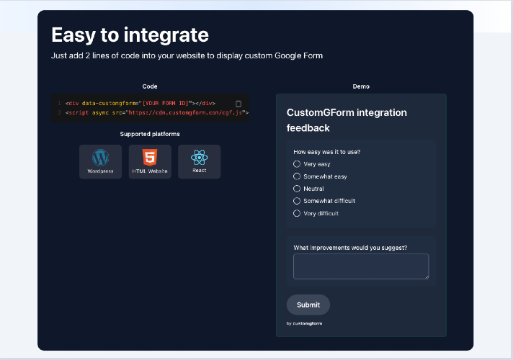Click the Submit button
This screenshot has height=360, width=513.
[x=308, y=305]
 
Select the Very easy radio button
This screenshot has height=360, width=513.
[x=297, y=164]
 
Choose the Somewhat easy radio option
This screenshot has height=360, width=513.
[x=297, y=176]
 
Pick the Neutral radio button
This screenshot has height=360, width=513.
[x=297, y=189]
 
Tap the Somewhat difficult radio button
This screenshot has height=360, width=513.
[x=297, y=201]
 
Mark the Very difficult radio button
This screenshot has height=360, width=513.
[x=297, y=213]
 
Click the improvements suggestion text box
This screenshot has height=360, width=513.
[x=361, y=266]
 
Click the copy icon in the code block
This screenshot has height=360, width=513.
[x=238, y=104]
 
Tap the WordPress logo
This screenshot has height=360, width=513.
[x=100, y=158]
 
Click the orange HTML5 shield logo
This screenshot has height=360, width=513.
[x=150, y=157]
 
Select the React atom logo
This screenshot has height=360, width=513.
[x=200, y=158]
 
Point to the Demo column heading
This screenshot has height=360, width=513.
[x=361, y=86]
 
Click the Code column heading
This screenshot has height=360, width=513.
[x=150, y=86]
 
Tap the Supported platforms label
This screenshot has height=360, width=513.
[x=150, y=134]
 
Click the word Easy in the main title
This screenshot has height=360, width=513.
[x=73, y=35]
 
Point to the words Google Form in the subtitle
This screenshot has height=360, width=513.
[x=298, y=55]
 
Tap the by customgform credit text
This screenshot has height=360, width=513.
[x=304, y=323]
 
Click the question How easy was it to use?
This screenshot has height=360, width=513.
[x=327, y=152]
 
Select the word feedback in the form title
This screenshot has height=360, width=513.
[x=308, y=128]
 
